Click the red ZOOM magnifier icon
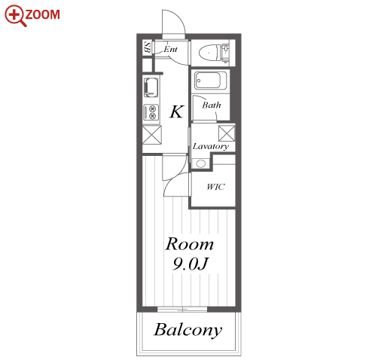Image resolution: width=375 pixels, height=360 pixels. click(x=14, y=15)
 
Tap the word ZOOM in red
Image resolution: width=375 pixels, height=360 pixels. click(x=42, y=14)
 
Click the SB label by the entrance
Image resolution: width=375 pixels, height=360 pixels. click(x=148, y=47)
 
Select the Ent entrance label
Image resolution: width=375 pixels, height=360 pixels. click(x=170, y=49)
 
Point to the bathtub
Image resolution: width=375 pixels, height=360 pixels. click(x=211, y=81)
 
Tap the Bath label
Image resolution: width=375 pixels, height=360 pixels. click(x=212, y=105)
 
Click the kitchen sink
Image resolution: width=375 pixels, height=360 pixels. click(x=151, y=87)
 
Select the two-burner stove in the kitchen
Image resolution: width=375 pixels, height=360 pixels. click(x=151, y=112)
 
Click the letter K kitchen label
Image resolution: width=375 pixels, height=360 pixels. click(x=177, y=111)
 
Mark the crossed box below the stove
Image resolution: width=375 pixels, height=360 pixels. click(x=152, y=135)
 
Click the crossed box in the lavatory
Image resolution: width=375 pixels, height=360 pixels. click(x=227, y=133)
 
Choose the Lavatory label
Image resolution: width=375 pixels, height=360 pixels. click(x=211, y=146)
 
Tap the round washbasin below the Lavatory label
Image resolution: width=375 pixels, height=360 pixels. click(x=201, y=164)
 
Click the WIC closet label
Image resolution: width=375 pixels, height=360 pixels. click(x=215, y=187)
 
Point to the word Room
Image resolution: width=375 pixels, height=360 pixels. click(x=190, y=244)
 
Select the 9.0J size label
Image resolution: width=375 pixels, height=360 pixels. click(x=191, y=264)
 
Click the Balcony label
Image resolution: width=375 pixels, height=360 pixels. click(x=188, y=330)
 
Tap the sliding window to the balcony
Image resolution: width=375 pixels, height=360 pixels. click(x=182, y=310)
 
